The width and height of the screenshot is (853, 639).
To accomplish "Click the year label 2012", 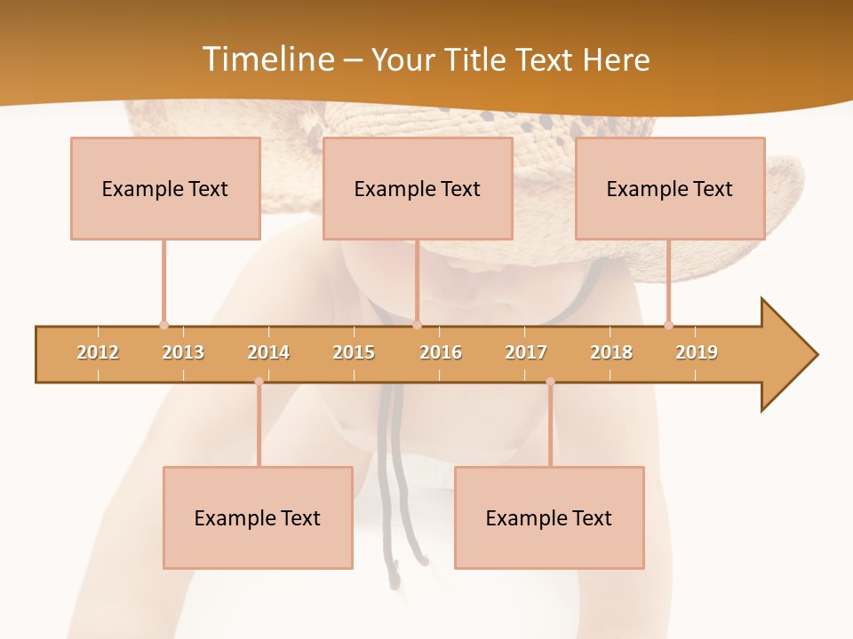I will (98, 352).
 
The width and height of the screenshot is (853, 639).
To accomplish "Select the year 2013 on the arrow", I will (183, 352).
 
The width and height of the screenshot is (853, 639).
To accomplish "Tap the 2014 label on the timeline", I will (268, 352).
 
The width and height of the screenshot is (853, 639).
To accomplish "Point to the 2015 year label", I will (354, 352).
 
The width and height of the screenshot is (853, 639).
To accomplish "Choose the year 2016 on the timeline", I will (441, 352).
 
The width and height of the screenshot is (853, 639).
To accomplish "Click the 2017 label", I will (526, 352).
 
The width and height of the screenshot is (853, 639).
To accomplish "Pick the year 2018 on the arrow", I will (611, 352).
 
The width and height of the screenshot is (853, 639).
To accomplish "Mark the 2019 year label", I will (697, 352).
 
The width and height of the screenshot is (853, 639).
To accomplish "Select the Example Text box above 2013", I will (165, 188).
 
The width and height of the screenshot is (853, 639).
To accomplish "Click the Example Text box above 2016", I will (418, 188).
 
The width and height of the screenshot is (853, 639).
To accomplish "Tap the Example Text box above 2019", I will (670, 188).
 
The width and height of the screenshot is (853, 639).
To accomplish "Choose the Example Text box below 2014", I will (258, 517).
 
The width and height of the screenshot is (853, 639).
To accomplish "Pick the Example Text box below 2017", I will (549, 517).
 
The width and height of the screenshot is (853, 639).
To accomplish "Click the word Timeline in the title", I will (267, 59).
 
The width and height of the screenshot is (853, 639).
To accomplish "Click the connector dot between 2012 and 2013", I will (163, 325).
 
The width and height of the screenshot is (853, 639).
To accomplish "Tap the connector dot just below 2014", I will (259, 382).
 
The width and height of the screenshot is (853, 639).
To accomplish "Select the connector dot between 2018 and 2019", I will (668, 325).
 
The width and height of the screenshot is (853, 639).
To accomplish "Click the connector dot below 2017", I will (550, 382).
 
